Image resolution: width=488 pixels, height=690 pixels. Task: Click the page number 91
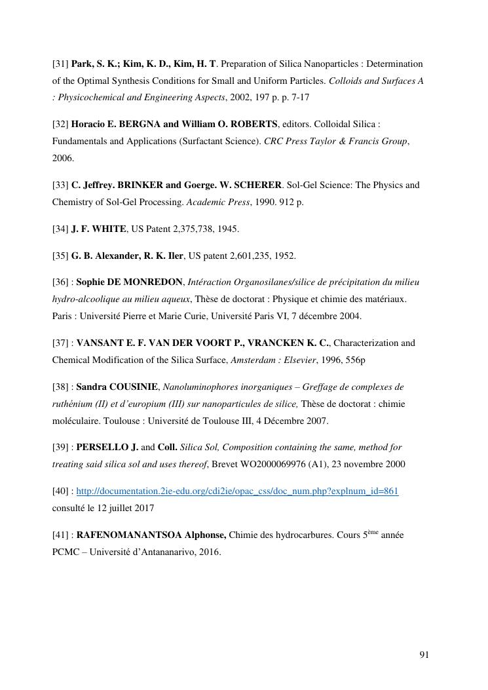(x=424, y=655)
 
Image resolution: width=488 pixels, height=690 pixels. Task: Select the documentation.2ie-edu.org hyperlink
(x=237, y=491)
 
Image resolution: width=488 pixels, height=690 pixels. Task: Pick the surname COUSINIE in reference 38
(x=133, y=387)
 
